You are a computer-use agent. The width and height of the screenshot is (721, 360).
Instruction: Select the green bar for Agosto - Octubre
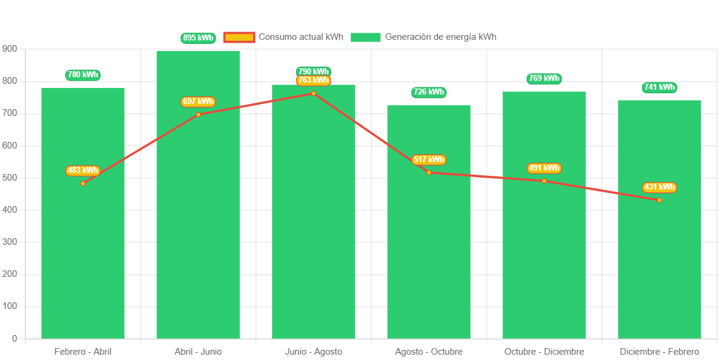click(429, 250)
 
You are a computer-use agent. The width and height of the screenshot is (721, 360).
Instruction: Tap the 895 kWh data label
click(198, 38)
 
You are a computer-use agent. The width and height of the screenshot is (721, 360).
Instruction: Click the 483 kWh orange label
click(83, 170)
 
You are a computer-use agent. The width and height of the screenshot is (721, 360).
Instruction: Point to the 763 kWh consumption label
click(313, 80)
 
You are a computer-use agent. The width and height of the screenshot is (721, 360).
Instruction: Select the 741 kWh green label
click(659, 87)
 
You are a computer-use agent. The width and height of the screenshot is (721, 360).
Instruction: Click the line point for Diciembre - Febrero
click(659, 200)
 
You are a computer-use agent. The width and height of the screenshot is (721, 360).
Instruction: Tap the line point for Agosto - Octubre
click(429, 172)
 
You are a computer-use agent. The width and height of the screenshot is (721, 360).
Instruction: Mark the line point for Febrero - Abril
click(83, 183)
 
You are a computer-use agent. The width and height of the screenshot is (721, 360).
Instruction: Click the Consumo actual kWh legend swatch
click(239, 37)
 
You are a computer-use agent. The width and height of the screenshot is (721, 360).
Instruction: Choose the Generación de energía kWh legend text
click(440, 37)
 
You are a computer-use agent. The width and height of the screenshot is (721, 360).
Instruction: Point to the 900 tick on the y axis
click(10, 49)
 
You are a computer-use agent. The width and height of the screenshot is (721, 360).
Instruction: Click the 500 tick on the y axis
click(10, 178)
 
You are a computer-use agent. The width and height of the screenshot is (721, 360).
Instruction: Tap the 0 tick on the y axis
click(14, 339)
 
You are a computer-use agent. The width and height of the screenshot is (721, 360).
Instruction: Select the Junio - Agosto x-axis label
click(313, 352)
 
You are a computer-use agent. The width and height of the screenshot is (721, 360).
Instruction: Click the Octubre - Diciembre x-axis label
click(544, 352)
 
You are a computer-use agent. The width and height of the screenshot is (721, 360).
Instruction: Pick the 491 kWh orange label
click(544, 168)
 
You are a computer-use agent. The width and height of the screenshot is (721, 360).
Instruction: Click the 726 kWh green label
click(429, 92)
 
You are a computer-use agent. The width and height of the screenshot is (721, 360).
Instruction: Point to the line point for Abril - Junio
click(198, 114)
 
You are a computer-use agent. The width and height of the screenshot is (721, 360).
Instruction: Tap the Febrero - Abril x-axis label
click(83, 352)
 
